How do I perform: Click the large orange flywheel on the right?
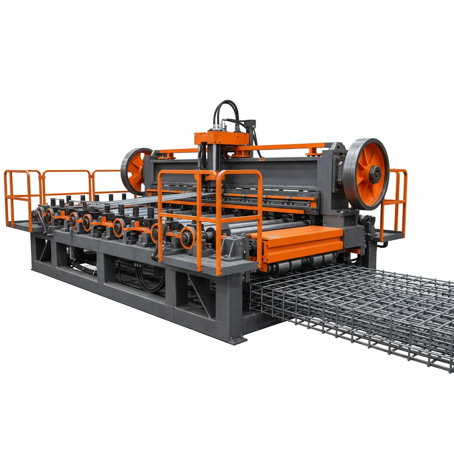point(366,174)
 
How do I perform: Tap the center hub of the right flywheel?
point(375,174)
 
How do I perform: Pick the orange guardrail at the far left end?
point(22,195)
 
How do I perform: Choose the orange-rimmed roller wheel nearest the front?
point(188,237)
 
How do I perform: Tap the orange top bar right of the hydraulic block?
point(284,147)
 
